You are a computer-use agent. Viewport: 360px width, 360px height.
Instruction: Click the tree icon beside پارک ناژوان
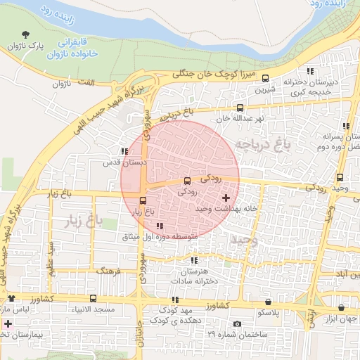tap(26, 34)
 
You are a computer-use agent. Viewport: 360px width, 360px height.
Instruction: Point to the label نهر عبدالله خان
tap(240, 118)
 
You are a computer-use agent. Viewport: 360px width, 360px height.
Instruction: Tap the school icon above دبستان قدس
tap(124, 151)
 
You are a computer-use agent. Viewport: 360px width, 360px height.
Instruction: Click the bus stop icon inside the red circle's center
tap(186, 180)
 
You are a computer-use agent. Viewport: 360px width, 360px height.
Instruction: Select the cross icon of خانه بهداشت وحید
tap(225, 198)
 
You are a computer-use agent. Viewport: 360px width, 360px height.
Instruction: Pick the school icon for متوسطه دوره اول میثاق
tap(159, 226)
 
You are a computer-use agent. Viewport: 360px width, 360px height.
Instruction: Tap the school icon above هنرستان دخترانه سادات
tap(194, 261)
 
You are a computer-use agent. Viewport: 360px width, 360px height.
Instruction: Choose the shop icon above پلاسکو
tap(268, 301)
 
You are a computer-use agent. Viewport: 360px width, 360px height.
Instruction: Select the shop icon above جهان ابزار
tap(341, 307)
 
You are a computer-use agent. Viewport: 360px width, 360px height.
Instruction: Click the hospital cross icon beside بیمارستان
tap(8, 325)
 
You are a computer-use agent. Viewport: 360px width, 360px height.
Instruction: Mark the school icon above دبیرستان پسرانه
tap(345, 126)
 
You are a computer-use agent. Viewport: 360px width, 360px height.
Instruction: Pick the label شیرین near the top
tap(264, 90)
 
